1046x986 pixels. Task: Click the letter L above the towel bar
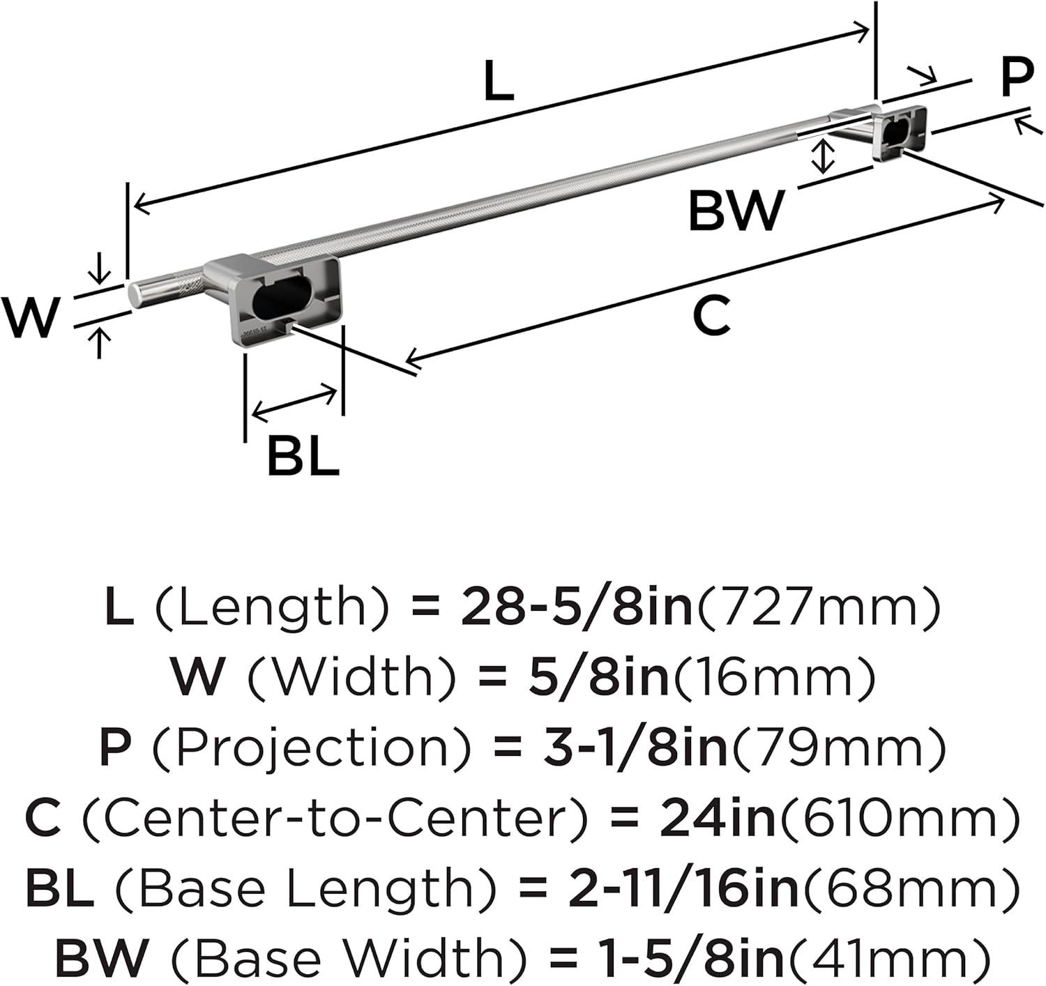tap(498, 81)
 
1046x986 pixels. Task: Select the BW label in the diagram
tap(736, 211)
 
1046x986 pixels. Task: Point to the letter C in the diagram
tap(712, 315)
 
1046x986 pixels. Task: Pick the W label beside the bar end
tap(29, 317)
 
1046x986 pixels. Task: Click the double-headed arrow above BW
tap(822, 156)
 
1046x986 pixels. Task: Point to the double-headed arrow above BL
tap(294, 403)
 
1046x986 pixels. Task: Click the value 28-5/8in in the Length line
tap(576, 607)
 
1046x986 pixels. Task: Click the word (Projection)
tap(311, 749)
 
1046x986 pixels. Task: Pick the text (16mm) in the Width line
tap(774, 678)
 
